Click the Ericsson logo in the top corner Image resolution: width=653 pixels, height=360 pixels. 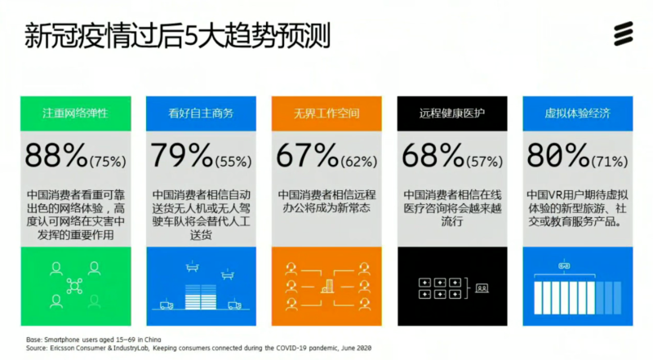(624, 33)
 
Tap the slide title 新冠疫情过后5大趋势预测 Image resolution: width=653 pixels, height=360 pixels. (177, 36)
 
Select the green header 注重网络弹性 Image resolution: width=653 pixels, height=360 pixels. (75, 113)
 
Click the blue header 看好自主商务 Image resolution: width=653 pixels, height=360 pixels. (201, 113)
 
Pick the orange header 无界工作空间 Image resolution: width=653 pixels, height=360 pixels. (326, 113)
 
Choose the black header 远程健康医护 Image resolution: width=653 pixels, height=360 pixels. (452, 113)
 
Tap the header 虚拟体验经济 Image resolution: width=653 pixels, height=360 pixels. (578, 113)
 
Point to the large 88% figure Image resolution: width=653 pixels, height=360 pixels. (56, 155)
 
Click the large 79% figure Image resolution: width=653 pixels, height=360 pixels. (181, 155)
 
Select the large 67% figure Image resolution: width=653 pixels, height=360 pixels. (308, 155)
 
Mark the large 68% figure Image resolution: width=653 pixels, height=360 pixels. (433, 155)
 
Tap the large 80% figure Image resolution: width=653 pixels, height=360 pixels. (558, 155)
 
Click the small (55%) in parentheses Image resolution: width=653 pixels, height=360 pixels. (233, 162)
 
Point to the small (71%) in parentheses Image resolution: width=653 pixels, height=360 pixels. (610, 162)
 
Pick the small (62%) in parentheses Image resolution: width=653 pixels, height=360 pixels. (359, 162)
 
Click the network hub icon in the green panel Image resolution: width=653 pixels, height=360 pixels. (74, 287)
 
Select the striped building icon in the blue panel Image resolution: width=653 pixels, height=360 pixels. (201, 296)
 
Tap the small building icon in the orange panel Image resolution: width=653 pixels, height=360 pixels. (327, 287)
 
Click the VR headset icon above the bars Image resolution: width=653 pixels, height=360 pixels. (564, 265)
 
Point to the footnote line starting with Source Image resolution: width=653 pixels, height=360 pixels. (198, 348)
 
